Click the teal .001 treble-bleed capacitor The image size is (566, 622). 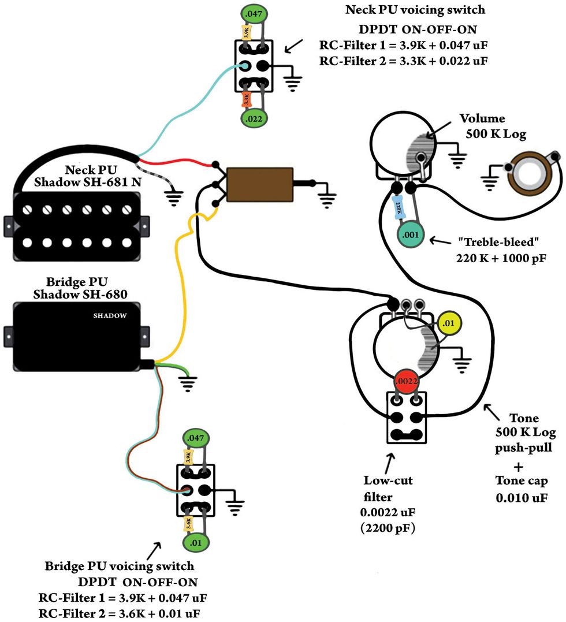411,235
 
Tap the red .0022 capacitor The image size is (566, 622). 405,381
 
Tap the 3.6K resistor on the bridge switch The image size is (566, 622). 187,523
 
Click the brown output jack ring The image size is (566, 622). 532,174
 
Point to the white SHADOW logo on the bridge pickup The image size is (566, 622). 110,316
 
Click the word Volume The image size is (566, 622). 482,119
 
